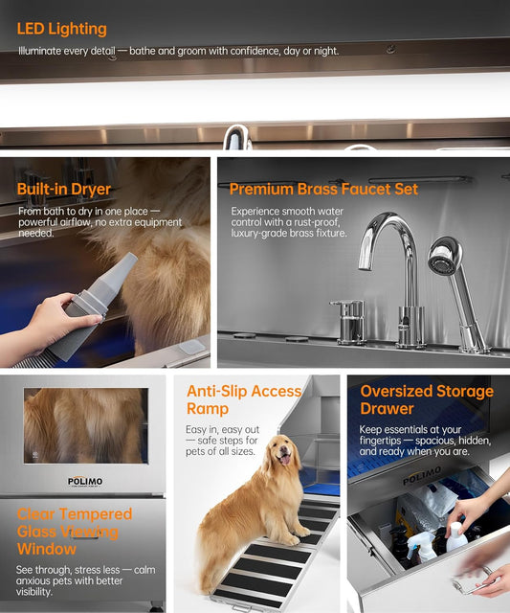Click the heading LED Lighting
tap(62, 29)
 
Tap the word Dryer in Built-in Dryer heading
tap(89, 189)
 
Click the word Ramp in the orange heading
tap(210, 408)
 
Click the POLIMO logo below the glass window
tap(83, 480)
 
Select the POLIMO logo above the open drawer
tap(421, 477)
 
